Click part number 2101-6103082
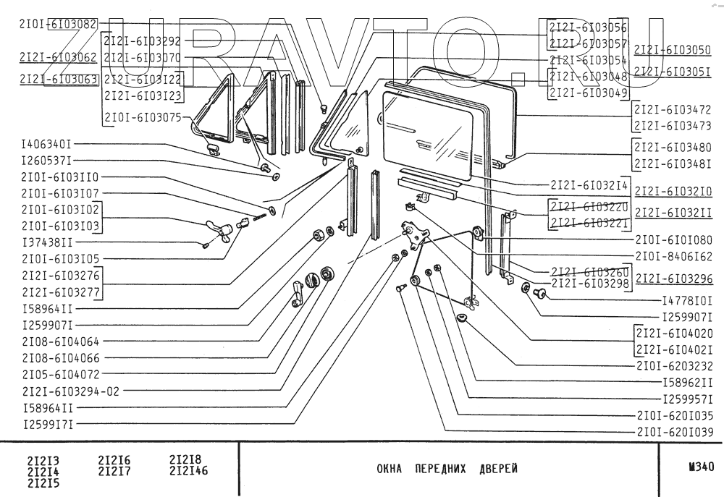coord(59,24)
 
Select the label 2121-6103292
coord(142,41)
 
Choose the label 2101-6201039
coord(675,432)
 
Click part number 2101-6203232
coord(675,366)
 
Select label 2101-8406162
coord(675,256)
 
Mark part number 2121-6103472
coord(673,110)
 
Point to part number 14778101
coord(688,300)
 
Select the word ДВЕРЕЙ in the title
coord(499,468)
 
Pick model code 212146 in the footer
coord(188,471)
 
